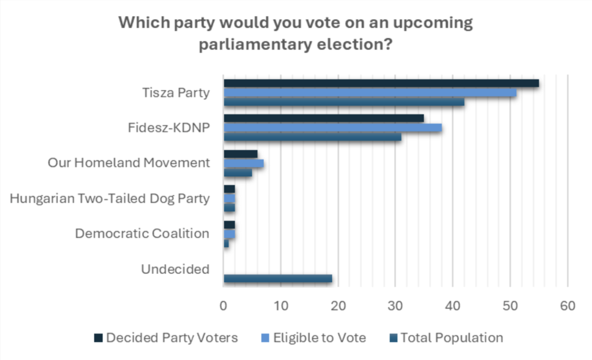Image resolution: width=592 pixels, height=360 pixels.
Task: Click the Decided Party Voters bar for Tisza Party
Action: coord(381,83)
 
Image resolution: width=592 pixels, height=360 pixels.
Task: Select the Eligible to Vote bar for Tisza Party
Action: coord(370,92)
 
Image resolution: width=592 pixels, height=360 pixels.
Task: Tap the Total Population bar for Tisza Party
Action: coord(344,102)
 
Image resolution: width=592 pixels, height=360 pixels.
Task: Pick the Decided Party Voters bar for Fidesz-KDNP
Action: coord(324,118)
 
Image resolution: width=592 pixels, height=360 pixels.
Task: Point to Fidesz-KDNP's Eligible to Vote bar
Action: coord(332,128)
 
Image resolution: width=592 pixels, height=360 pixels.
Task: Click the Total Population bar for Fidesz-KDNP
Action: coord(312,138)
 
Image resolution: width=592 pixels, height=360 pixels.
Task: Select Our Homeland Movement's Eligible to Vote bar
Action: coord(243,164)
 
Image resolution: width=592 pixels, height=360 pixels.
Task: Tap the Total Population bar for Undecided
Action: coord(277,279)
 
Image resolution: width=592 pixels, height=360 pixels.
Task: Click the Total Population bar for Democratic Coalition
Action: coord(226,243)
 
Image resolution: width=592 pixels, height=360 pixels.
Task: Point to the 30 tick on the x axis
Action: coord(395,306)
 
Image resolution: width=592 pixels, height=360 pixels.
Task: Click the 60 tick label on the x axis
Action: coord(567,306)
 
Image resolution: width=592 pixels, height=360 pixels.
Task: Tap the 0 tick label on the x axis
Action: coord(224,306)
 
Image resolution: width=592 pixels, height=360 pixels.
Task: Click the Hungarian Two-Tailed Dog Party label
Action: coord(110,199)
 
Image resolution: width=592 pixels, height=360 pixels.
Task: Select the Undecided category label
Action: coord(175,269)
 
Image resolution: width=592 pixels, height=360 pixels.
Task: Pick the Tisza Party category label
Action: coord(176,92)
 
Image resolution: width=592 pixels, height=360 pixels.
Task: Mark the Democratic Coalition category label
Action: coord(142,233)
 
